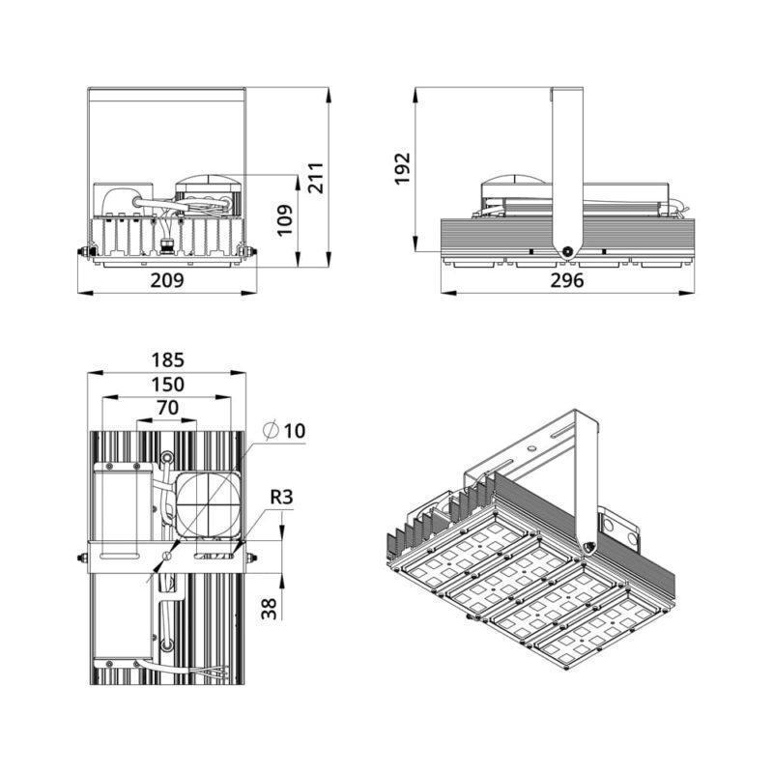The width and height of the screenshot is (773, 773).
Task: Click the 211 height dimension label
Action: (315, 178)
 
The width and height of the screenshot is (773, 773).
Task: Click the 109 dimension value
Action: (284, 220)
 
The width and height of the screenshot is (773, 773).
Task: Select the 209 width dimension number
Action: (167, 280)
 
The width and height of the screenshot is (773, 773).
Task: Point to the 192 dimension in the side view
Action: (402, 169)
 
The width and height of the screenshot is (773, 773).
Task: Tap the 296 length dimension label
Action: (567, 280)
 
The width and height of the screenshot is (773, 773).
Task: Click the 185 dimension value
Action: (167, 359)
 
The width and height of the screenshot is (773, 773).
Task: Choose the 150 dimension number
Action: (167, 385)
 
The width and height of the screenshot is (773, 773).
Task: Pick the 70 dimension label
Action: (167, 408)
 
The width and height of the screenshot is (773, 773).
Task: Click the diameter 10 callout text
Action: (285, 431)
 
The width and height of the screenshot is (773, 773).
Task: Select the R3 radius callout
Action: (281, 497)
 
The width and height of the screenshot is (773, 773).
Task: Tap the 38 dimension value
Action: (269, 609)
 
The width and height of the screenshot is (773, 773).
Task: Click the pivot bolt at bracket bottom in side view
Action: (567, 251)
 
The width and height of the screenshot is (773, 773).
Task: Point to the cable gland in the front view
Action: (166, 246)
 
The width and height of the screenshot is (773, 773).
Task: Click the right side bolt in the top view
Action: (251, 558)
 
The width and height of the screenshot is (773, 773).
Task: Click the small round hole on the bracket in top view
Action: (166, 557)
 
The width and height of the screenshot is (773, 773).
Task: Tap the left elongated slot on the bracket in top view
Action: (119, 557)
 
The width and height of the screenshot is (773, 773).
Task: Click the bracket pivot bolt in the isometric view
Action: (587, 546)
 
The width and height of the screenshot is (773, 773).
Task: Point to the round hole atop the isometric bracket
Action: (532, 448)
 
